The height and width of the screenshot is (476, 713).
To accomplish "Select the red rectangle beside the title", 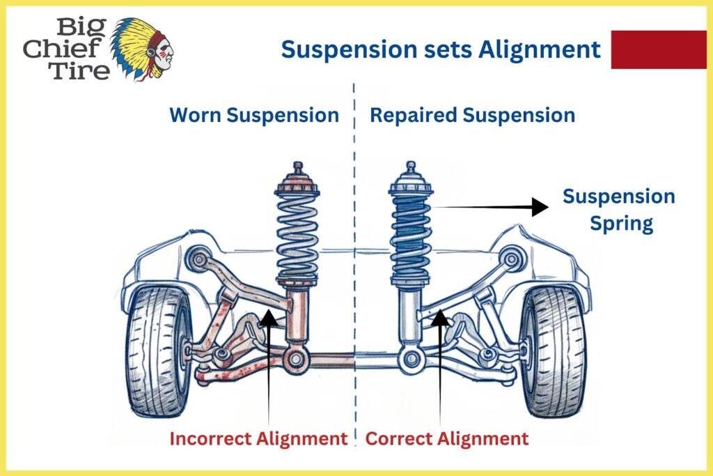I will click(x=658, y=49).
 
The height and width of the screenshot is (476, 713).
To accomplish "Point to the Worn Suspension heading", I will click(x=254, y=115).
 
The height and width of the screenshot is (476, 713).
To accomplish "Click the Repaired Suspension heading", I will click(x=472, y=115).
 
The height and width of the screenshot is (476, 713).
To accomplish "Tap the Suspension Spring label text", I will click(x=619, y=210).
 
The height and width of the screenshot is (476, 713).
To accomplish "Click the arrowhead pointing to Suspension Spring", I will click(x=539, y=206).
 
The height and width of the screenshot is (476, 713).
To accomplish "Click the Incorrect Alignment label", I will click(x=258, y=438).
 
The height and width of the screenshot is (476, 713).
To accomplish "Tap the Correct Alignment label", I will click(x=447, y=438).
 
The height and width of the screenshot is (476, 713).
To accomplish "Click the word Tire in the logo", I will click(x=81, y=70).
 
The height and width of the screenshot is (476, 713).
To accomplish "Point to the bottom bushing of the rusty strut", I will click(x=296, y=360).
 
